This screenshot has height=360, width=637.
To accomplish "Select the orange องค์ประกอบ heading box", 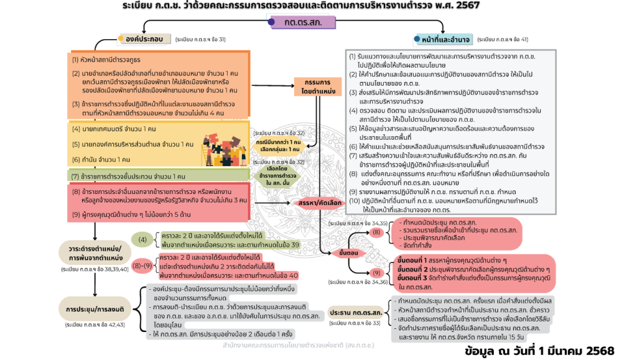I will click(x=144, y=39).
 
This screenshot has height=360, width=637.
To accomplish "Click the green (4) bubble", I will click(x=142, y=239).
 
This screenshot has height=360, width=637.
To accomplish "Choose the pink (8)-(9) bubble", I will click(x=143, y=265).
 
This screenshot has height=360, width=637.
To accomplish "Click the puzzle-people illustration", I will click(x=224, y=149).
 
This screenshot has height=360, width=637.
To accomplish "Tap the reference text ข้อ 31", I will click(x=217, y=39).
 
